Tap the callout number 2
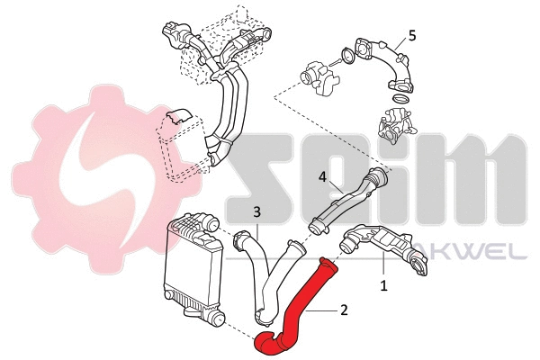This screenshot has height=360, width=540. click(343, 310)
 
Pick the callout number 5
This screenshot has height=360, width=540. click(411, 35)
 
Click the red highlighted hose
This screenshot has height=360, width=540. click(297, 310)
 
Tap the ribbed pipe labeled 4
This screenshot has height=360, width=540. click(346, 202)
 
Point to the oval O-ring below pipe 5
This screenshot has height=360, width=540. click(401, 95)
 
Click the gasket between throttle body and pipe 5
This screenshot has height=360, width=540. click(344, 60)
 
